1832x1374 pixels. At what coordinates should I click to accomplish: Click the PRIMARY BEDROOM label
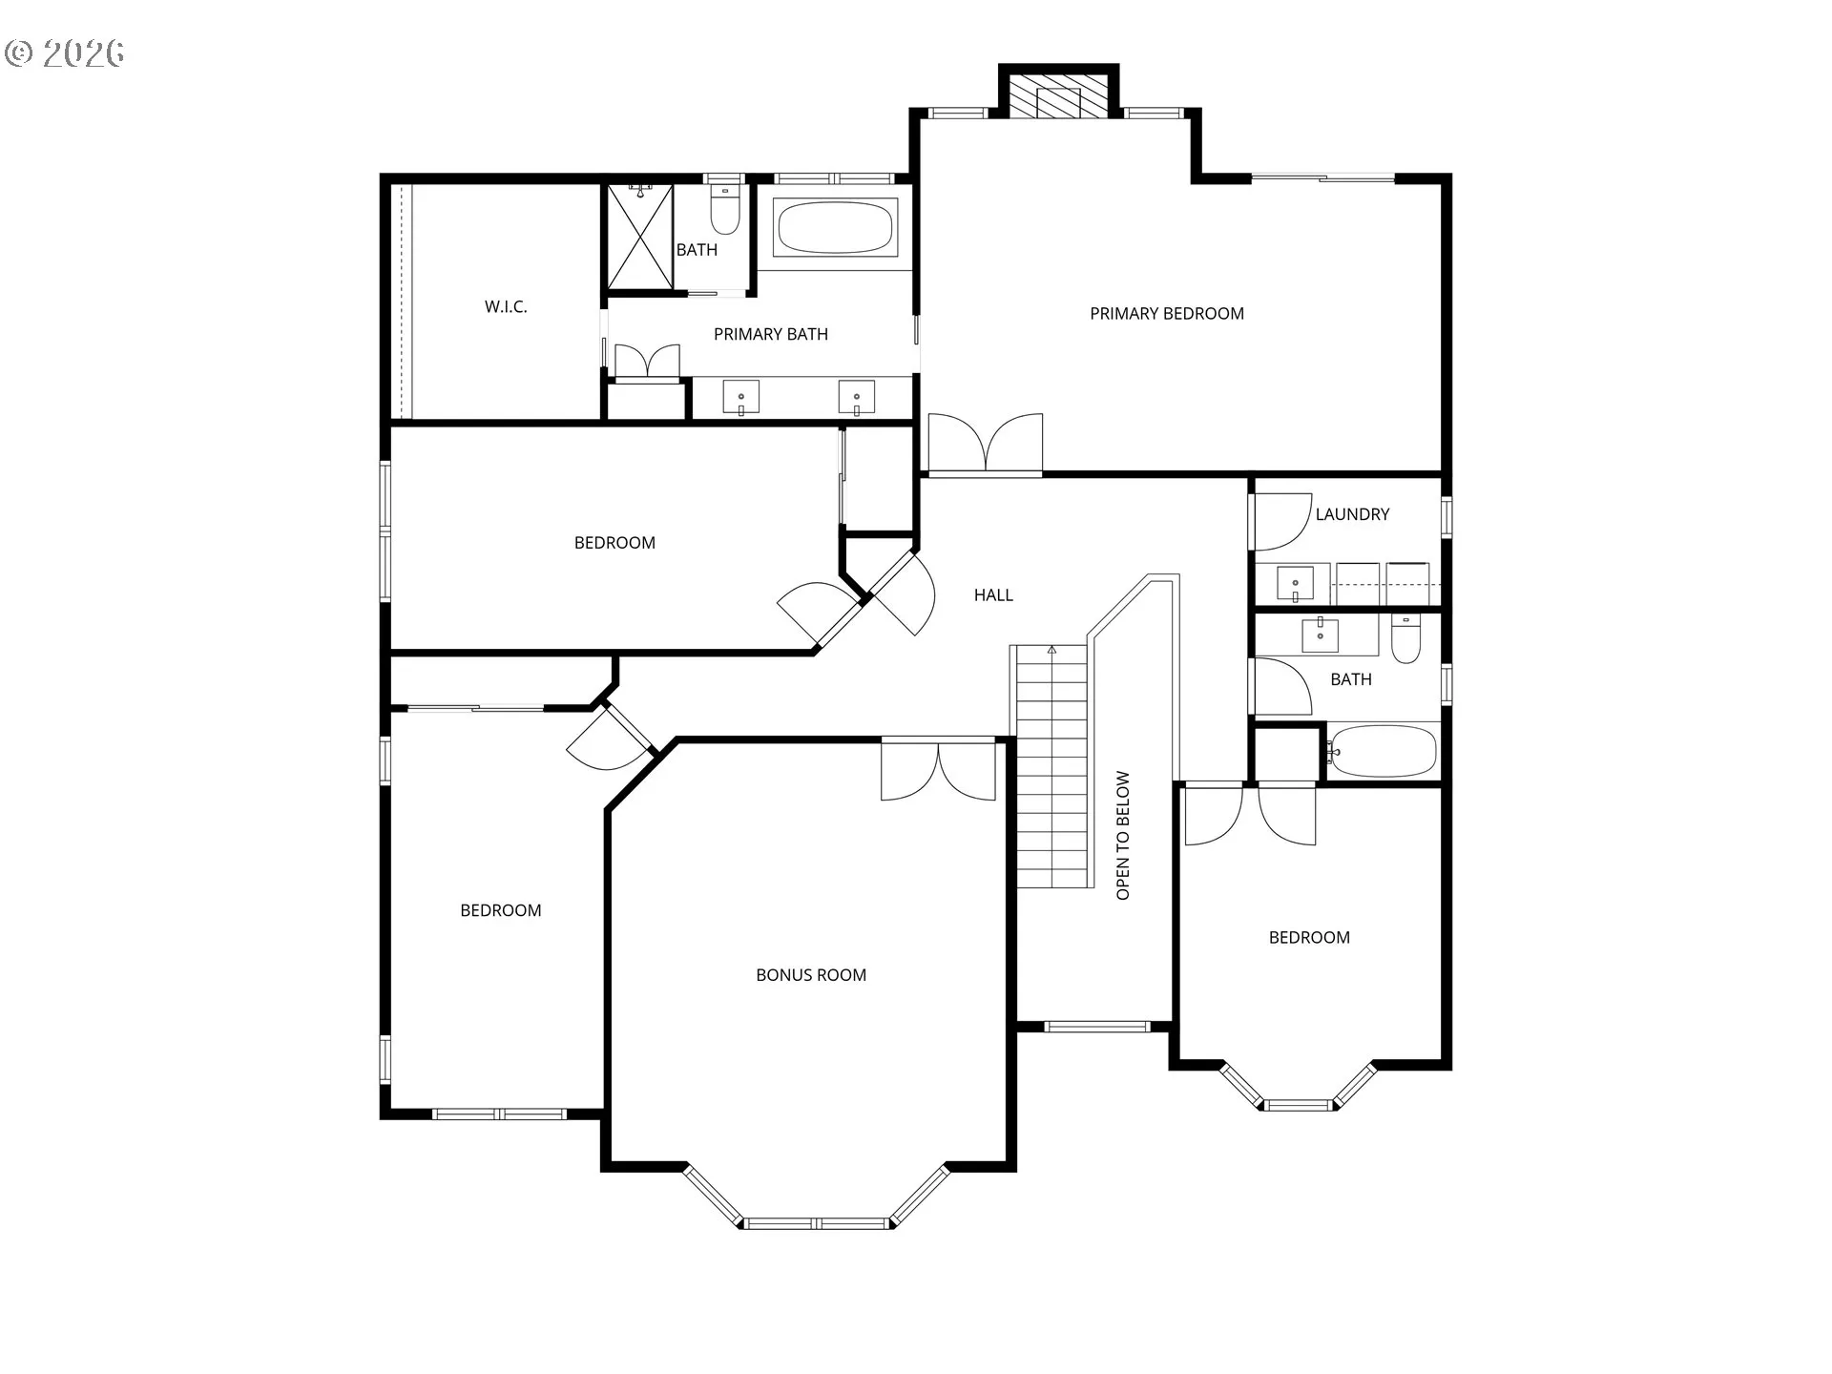(1167, 314)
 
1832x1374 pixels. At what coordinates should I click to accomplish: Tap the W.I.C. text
(506, 306)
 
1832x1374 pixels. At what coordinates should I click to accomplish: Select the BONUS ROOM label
(811, 975)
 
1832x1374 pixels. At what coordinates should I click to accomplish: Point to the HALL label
(993, 595)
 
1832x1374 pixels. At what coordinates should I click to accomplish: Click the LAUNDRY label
(1352, 514)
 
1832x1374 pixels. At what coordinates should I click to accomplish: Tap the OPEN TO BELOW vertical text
(1123, 836)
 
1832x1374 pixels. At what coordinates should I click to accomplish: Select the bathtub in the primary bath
(835, 227)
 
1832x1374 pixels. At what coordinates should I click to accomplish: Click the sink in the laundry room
(1295, 583)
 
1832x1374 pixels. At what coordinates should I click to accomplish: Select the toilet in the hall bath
(1405, 638)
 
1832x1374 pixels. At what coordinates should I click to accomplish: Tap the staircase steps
(1051, 766)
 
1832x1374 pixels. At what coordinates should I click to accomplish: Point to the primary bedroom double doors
(986, 443)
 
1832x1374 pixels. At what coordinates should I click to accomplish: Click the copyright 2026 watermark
(65, 52)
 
